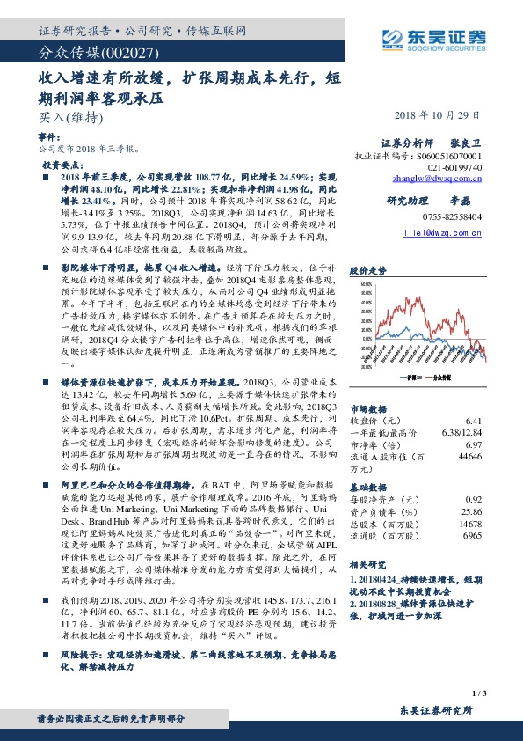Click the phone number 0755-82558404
[x=452, y=216]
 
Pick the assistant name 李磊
[x=469, y=200]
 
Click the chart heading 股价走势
[x=367, y=272]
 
